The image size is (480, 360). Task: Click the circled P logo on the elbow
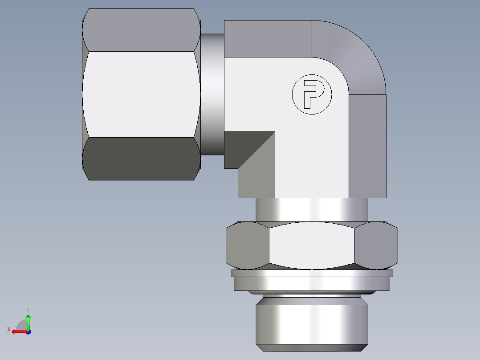click(312, 94)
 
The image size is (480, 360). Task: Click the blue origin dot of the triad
click(28, 331)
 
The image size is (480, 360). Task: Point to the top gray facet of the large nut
click(140, 30)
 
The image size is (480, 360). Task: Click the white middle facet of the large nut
click(140, 94)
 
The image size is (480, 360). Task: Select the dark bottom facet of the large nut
click(140, 159)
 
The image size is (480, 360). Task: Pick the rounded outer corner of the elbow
click(356, 53)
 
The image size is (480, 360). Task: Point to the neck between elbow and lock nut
click(312, 209)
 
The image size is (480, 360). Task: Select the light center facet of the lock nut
click(312, 245)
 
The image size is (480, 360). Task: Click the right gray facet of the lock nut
click(376, 245)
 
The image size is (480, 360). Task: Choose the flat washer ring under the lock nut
click(312, 283)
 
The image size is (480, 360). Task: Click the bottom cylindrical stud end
click(312, 323)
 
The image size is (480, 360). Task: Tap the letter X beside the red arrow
click(9, 330)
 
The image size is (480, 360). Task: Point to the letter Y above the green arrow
click(28, 309)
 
